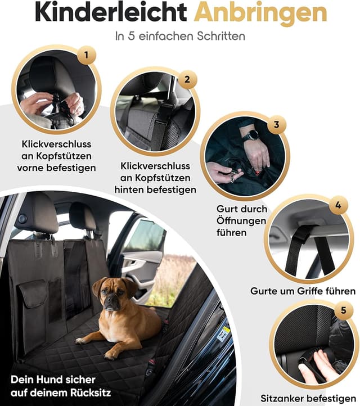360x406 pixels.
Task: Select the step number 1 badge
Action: tap(86, 55)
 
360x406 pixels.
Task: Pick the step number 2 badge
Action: tap(187, 79)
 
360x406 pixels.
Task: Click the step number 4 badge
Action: tap(337, 205)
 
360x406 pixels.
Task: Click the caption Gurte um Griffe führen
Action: tap(303, 291)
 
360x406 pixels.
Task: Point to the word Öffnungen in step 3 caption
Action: tap(242, 220)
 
